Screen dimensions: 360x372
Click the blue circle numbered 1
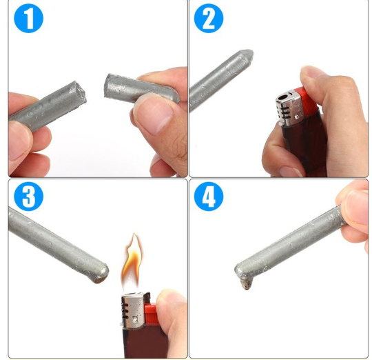coord(28,19)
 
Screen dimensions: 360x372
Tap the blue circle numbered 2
coord(208,19)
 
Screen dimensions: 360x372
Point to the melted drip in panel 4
coord(244,283)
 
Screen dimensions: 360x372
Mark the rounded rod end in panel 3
coord(100,269)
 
